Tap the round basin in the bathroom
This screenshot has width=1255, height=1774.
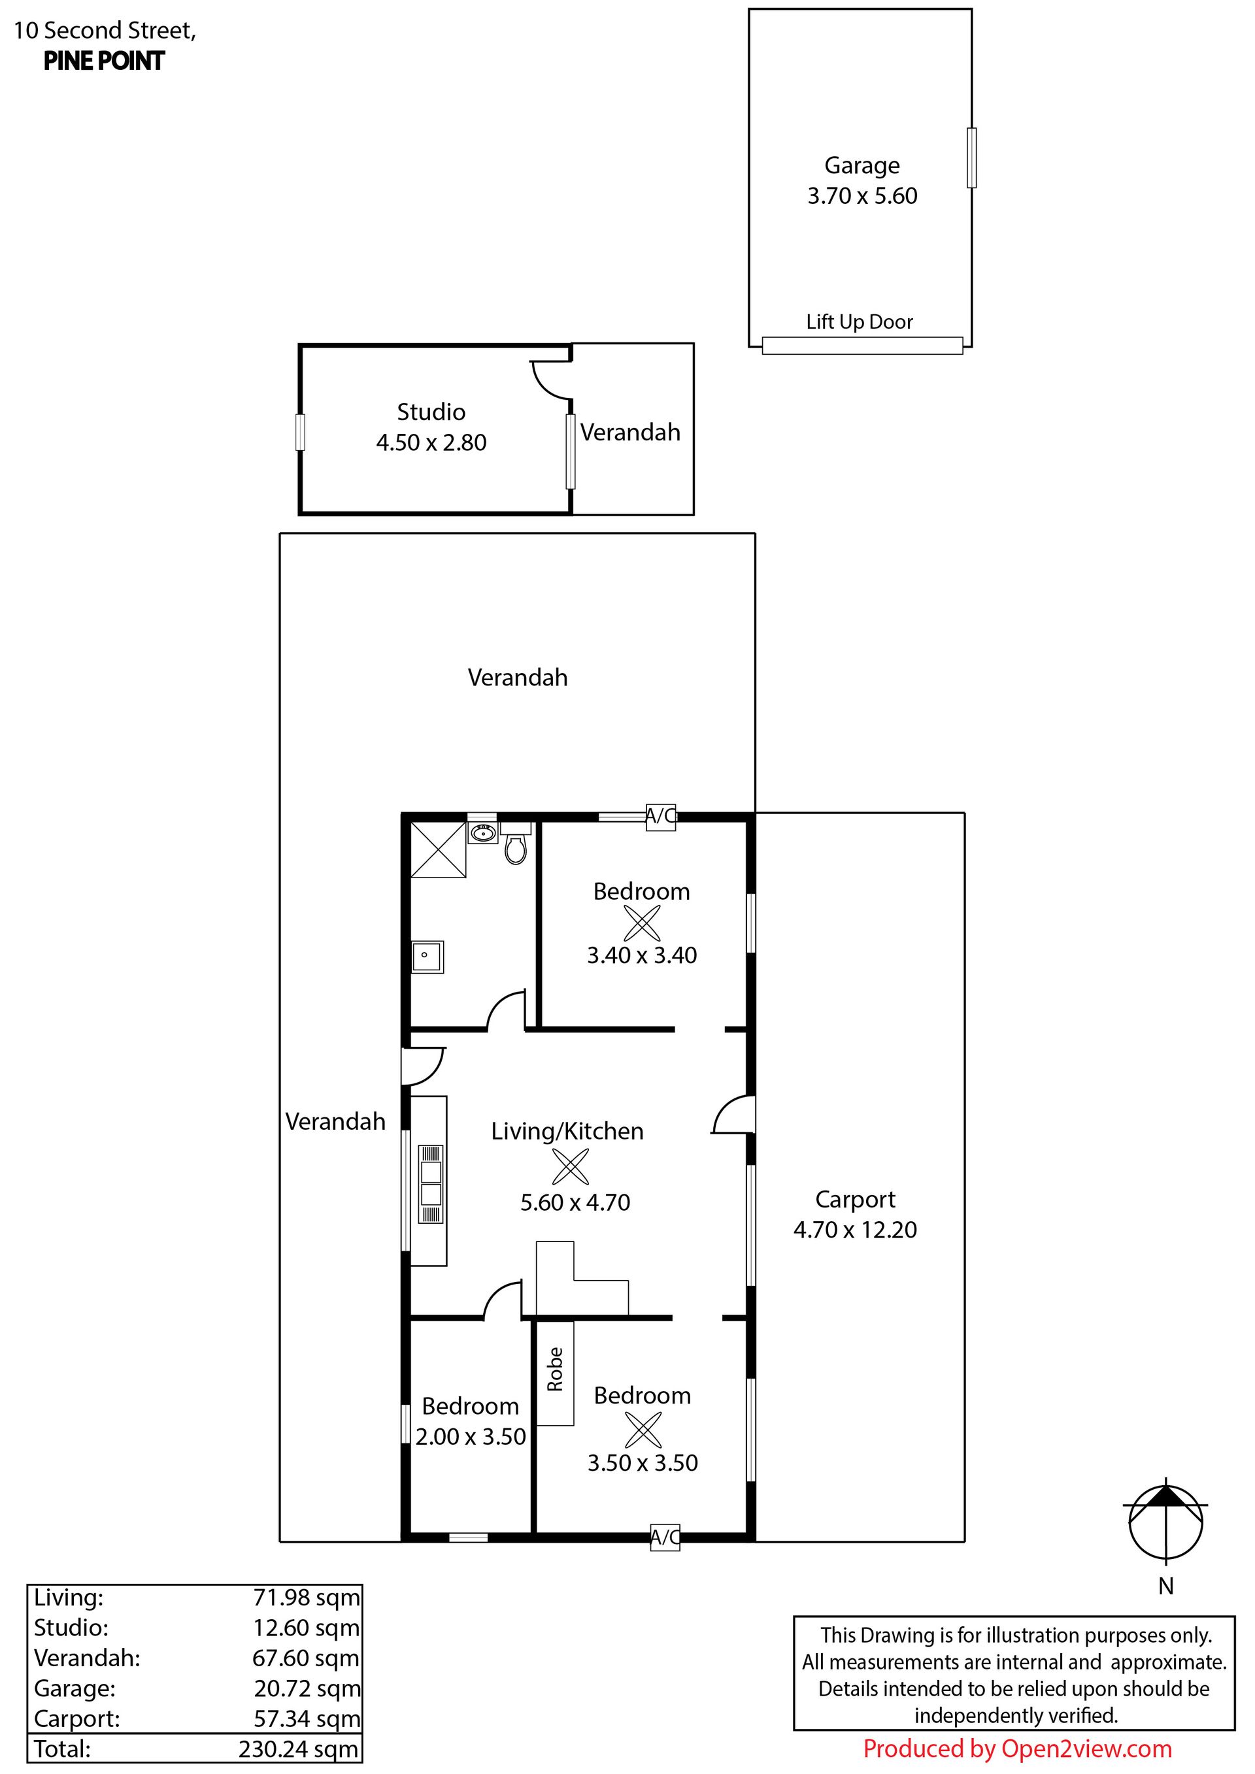click(483, 833)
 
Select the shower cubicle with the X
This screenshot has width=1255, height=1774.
click(438, 850)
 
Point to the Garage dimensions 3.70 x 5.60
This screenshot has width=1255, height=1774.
click(862, 195)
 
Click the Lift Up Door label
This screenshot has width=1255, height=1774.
click(860, 321)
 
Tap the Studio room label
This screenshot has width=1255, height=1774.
click(431, 412)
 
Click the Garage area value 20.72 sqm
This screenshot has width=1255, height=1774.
click(307, 1689)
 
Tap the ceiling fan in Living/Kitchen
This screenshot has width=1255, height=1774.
click(571, 1167)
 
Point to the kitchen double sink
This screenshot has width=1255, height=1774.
click(431, 1184)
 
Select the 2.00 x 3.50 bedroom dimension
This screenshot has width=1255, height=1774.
click(471, 1436)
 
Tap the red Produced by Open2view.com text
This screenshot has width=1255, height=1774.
click(1017, 1749)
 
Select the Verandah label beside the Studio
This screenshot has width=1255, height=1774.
click(631, 432)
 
